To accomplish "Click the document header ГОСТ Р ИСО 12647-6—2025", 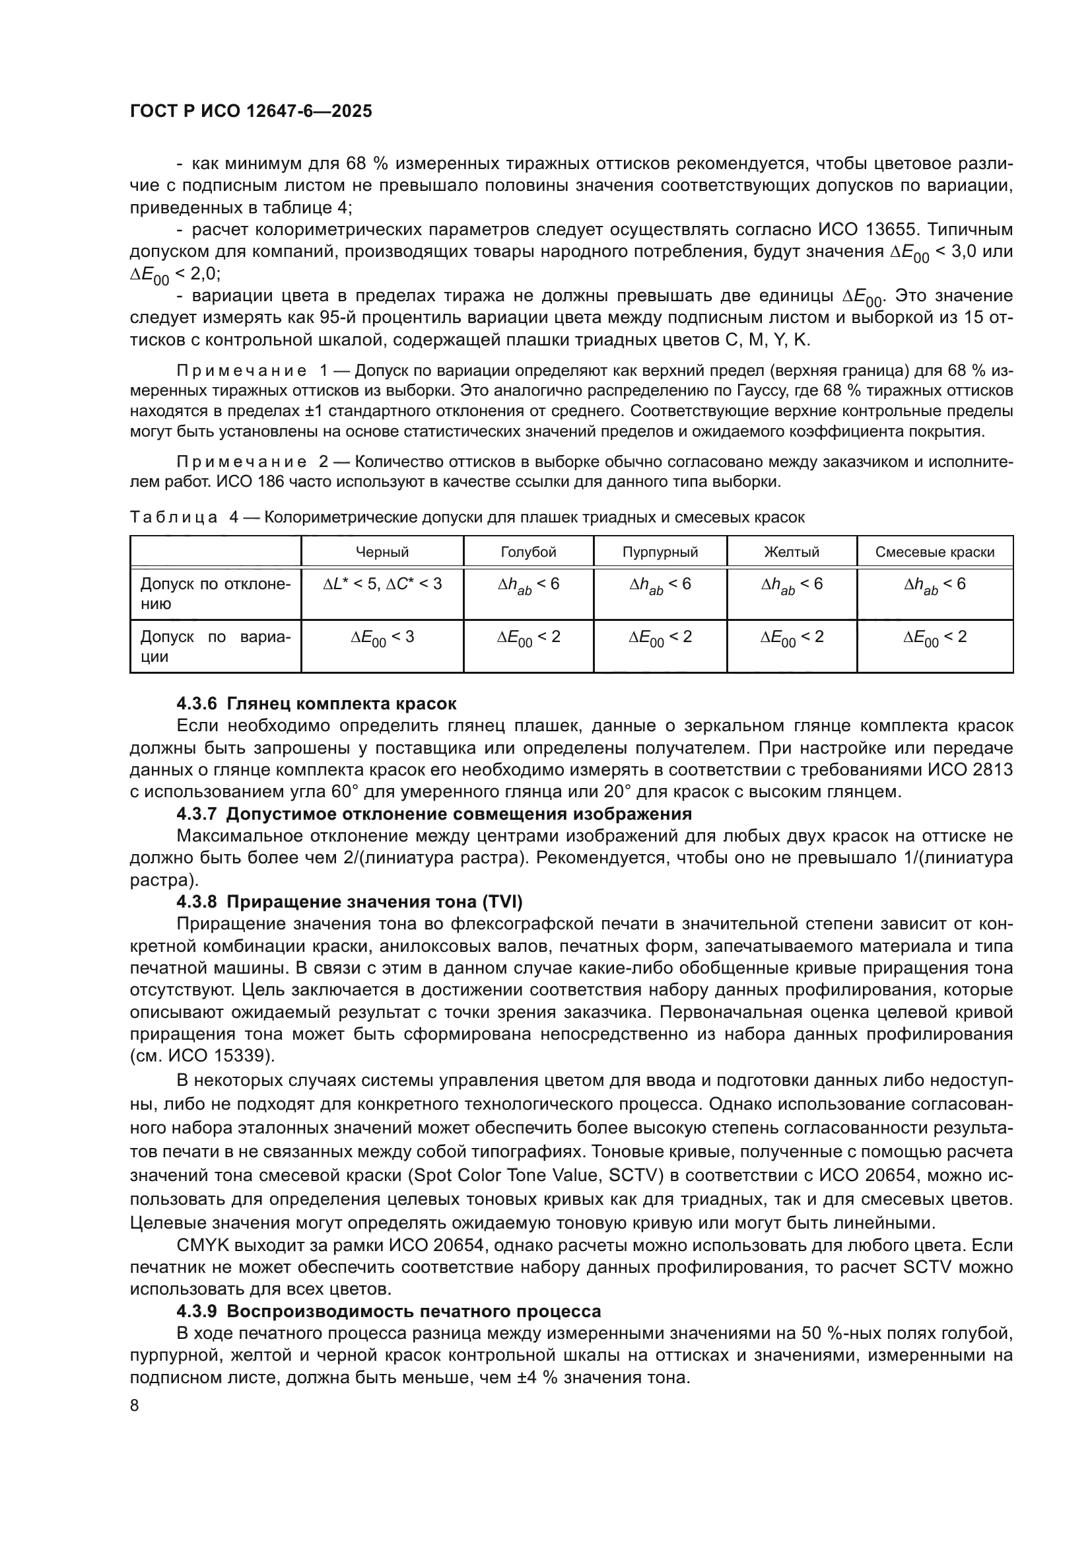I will coord(250,112).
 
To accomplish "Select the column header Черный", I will coord(382,552).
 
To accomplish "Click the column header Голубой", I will coord(529,552).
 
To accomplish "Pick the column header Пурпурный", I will coord(660,552).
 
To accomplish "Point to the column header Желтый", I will coord(792,552).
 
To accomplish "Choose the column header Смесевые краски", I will coord(935,552).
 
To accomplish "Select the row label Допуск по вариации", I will coord(215,647).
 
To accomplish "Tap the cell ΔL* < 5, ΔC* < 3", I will coord(382,584).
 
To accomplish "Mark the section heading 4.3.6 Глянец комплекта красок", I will coord(316,704).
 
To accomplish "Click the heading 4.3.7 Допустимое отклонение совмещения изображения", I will coord(434,814).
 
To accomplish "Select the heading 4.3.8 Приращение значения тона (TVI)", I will coord(349,902).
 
